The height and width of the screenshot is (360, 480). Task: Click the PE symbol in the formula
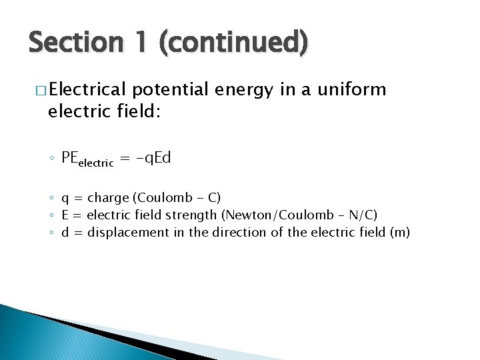click(x=70, y=157)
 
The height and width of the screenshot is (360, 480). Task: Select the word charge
click(x=108, y=198)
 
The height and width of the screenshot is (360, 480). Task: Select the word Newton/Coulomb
click(x=281, y=215)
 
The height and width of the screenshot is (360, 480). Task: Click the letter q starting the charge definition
click(x=65, y=199)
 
